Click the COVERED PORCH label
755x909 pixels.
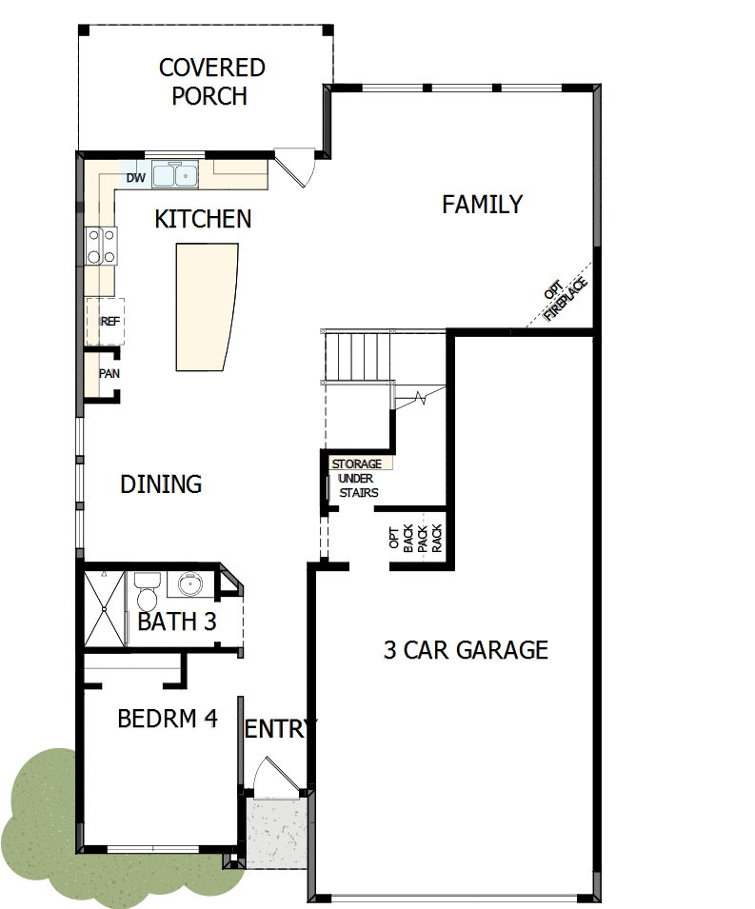pos(211,82)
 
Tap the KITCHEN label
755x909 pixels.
pos(203,219)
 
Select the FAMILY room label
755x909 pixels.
pos(483,204)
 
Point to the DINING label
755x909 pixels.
pos(161,484)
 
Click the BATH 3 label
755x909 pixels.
pos(177,622)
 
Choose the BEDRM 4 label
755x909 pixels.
pos(168,719)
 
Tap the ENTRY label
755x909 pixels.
pos(280,729)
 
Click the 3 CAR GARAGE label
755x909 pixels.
pos(466,650)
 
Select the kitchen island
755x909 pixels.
pos(204,306)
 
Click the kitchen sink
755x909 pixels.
pos(174,175)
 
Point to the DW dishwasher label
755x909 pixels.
pos(134,178)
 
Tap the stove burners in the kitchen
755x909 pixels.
pos(101,246)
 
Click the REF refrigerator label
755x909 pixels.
pos(109,321)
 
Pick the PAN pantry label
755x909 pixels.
pos(109,373)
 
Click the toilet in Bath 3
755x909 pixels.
pos(146,594)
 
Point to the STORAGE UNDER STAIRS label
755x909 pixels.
pos(357,478)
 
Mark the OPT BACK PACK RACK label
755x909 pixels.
pos(416,541)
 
